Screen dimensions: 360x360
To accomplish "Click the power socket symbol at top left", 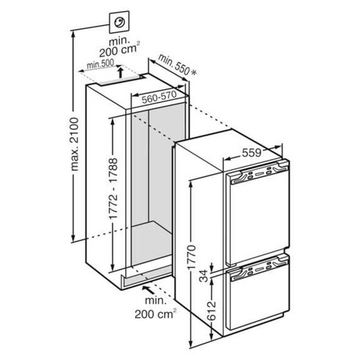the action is [119, 22].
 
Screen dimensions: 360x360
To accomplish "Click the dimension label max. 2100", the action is [75, 144].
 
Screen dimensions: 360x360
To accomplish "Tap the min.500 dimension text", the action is [100, 63].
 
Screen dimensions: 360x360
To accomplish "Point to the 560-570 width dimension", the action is [159, 96].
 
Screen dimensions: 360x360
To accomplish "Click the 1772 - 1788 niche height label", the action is [113, 188].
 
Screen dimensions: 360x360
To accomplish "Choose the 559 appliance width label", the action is [251, 153].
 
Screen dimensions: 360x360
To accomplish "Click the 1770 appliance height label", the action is [193, 257].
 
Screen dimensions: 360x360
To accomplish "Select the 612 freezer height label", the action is [212, 311].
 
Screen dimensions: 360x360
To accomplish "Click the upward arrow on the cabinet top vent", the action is [121, 73].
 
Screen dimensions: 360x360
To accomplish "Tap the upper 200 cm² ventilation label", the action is [119, 48].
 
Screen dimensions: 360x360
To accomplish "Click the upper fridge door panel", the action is [258, 217].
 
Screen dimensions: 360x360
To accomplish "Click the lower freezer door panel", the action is [259, 300].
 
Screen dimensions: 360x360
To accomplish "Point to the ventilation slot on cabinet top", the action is [120, 81].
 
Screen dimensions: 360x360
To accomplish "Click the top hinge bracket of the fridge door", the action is [283, 164].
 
